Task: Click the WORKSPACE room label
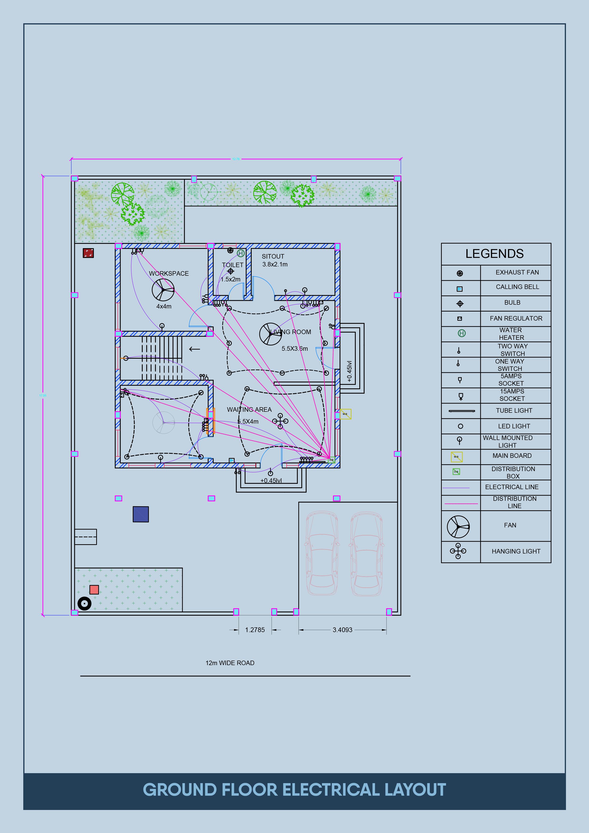(169, 274)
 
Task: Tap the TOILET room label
(233, 265)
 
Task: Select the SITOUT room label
(273, 256)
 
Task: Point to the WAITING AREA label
(249, 410)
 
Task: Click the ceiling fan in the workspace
(163, 290)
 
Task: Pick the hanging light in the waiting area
(280, 421)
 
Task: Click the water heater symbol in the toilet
(240, 253)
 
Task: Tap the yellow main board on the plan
(345, 414)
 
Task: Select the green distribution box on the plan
(331, 460)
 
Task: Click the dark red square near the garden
(88, 253)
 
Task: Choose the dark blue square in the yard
(141, 514)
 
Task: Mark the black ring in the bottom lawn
(85, 604)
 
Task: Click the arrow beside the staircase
(195, 349)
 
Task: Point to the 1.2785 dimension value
(255, 630)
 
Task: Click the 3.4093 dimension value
(342, 630)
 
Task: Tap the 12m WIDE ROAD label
(230, 663)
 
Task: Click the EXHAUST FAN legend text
(517, 272)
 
